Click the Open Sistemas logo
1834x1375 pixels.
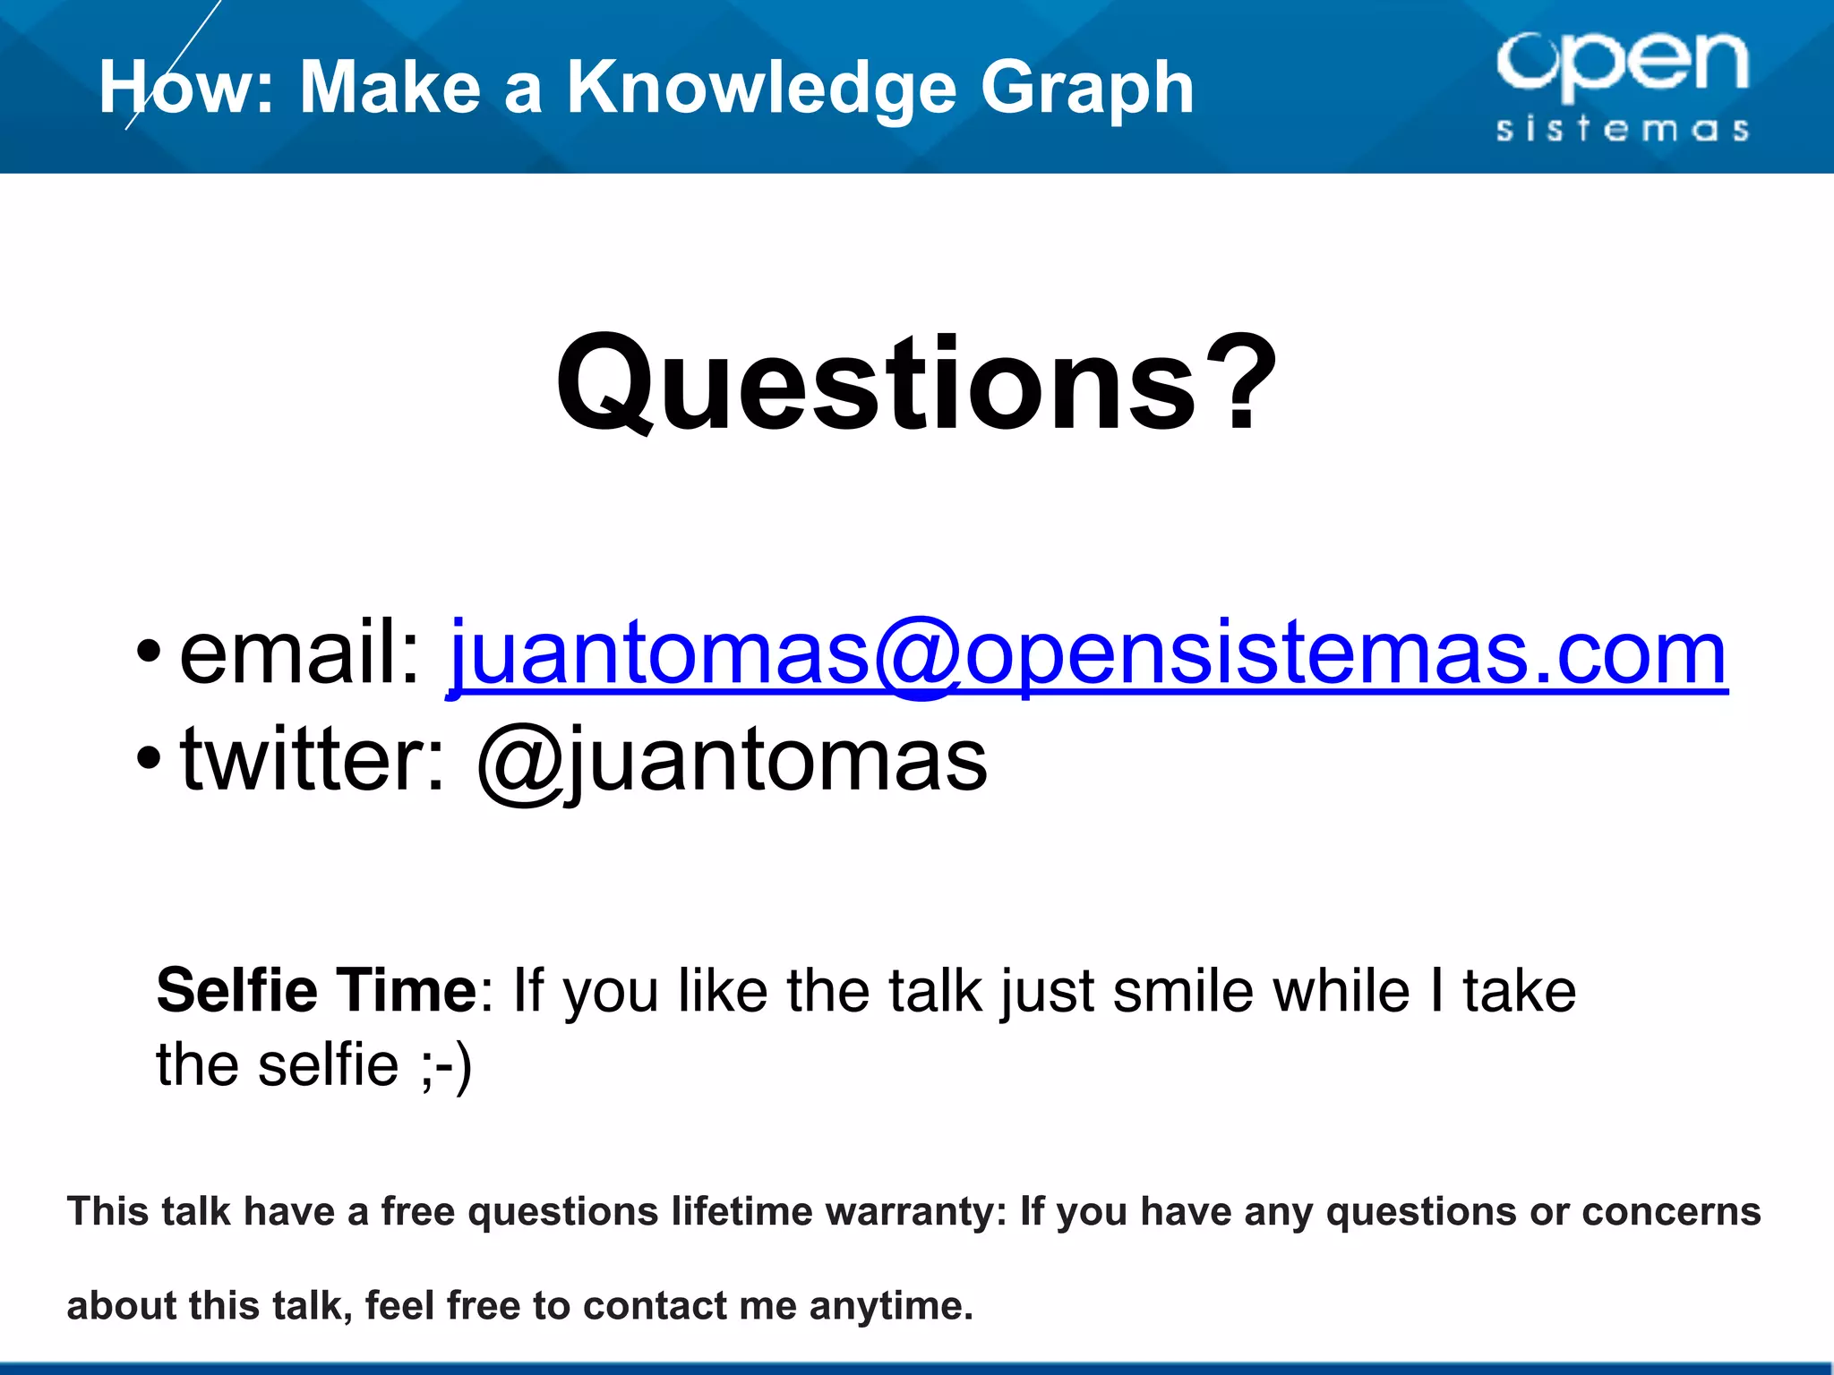1622,85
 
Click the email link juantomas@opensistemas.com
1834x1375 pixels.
1086,653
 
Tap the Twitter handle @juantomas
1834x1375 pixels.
732,760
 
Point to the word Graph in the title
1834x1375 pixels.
1087,88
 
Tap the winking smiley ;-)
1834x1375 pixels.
445,1065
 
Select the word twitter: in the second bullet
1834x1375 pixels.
313,760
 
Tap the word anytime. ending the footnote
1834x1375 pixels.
890,1306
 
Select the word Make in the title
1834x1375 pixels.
390,88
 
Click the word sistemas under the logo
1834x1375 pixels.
1622,129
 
